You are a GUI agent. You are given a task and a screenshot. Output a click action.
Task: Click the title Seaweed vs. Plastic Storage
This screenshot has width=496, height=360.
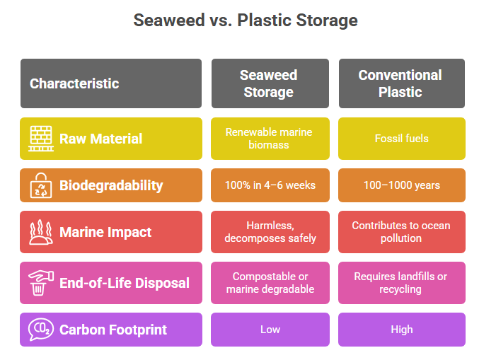(x=246, y=21)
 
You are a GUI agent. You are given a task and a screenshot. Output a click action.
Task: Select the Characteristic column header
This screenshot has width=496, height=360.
(x=111, y=83)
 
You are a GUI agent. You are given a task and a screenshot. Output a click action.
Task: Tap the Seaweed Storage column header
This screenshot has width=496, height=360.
(x=270, y=83)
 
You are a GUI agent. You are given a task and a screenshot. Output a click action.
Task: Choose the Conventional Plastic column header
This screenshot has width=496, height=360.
(x=402, y=83)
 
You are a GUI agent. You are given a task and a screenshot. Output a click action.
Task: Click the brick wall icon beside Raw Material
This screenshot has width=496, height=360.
(x=41, y=139)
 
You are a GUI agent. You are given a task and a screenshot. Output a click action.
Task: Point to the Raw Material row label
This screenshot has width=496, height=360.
(x=101, y=139)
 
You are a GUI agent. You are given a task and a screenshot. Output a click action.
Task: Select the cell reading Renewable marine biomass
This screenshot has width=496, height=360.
(x=270, y=139)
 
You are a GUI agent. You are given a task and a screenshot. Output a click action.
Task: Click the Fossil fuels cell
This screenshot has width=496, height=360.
(x=402, y=139)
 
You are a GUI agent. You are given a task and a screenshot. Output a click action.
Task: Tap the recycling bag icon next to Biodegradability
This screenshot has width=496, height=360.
(x=41, y=185)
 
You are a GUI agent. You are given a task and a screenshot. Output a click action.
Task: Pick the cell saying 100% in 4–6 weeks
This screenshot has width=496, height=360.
(x=270, y=185)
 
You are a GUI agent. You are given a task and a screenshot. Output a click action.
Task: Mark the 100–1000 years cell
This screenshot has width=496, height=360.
(x=402, y=185)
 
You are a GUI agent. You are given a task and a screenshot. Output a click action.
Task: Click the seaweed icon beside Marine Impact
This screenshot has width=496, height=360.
(x=41, y=232)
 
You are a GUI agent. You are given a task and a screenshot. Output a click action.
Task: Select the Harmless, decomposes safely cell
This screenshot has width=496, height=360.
(x=270, y=232)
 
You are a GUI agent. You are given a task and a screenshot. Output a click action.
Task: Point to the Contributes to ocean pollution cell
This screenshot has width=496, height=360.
(x=402, y=232)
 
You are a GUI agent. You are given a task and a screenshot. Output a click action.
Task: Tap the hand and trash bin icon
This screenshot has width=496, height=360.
(x=41, y=283)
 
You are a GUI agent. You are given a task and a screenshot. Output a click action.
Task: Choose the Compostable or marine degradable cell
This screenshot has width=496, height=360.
(x=270, y=283)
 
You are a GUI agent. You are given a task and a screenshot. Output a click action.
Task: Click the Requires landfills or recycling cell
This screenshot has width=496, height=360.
(x=402, y=283)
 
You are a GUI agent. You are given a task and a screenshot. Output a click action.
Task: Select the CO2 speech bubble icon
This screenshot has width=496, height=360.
(x=41, y=330)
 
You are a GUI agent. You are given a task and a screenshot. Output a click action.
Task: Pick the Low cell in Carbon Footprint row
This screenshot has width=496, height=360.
(x=270, y=330)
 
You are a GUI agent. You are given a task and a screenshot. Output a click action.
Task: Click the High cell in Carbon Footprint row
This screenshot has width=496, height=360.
(x=402, y=330)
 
